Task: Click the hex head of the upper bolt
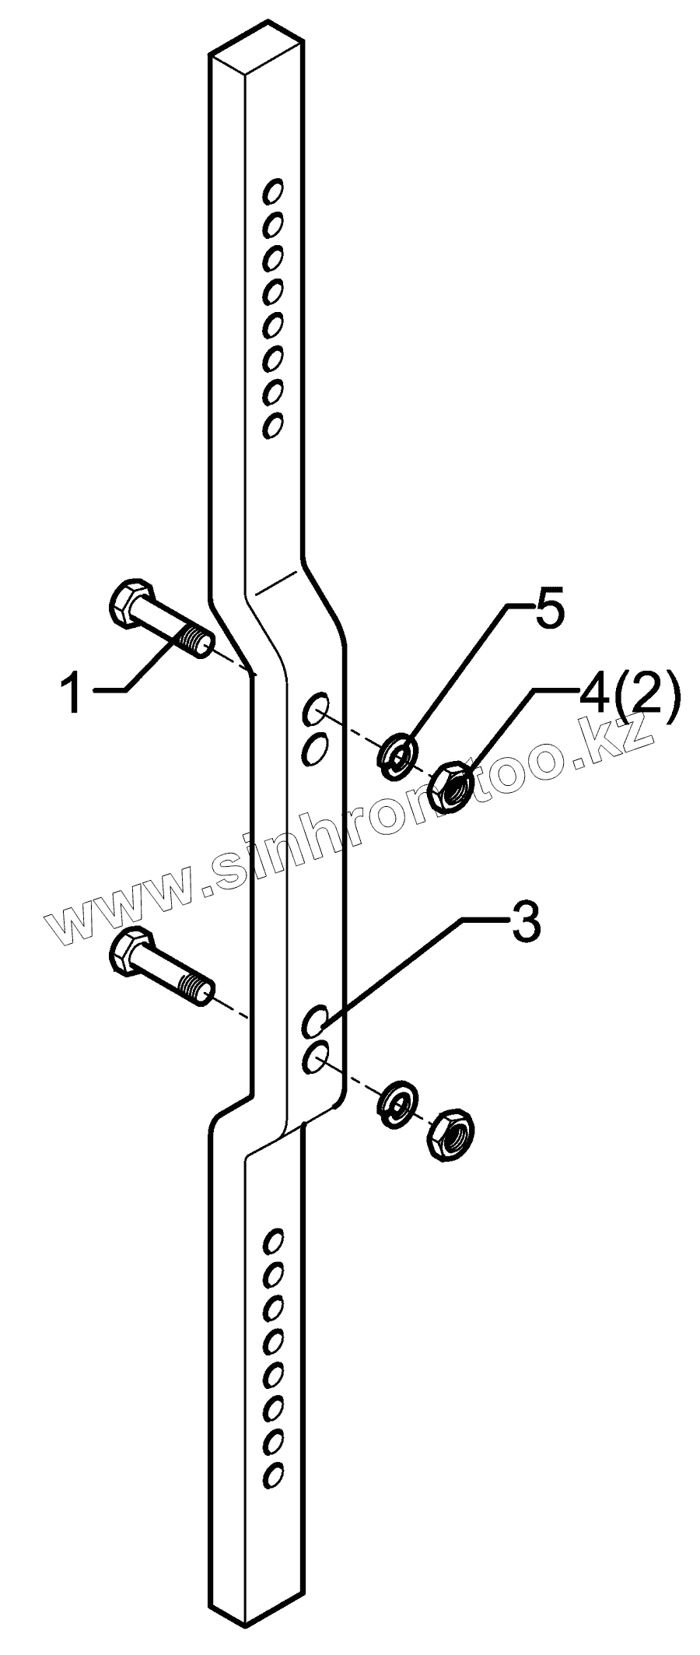127,604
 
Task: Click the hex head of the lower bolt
128,952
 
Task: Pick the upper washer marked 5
397,754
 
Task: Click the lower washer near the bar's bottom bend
397,1101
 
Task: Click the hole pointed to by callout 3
315,1020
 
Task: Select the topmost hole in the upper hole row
272,189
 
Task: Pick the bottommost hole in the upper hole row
272,426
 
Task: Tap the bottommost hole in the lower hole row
272,1473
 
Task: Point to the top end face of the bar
260,47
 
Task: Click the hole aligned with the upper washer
315,710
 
